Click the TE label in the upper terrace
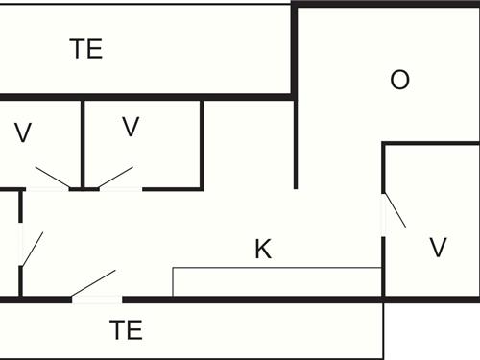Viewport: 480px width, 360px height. pos(86,50)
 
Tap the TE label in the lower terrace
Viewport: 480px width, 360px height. pos(126,331)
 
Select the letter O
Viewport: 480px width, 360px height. pos(399,80)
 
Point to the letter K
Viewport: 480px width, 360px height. pos(263,251)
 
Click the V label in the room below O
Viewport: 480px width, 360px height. pos(438,249)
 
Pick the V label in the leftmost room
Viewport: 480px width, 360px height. pos(23,133)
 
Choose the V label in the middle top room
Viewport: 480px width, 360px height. pos(132,126)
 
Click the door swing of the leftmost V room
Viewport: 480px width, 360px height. pos(52,177)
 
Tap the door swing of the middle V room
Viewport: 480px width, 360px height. pos(114,177)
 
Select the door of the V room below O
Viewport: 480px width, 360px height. pos(394,211)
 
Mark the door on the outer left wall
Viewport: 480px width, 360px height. pos(31,248)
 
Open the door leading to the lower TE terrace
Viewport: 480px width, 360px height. pos(93,285)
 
